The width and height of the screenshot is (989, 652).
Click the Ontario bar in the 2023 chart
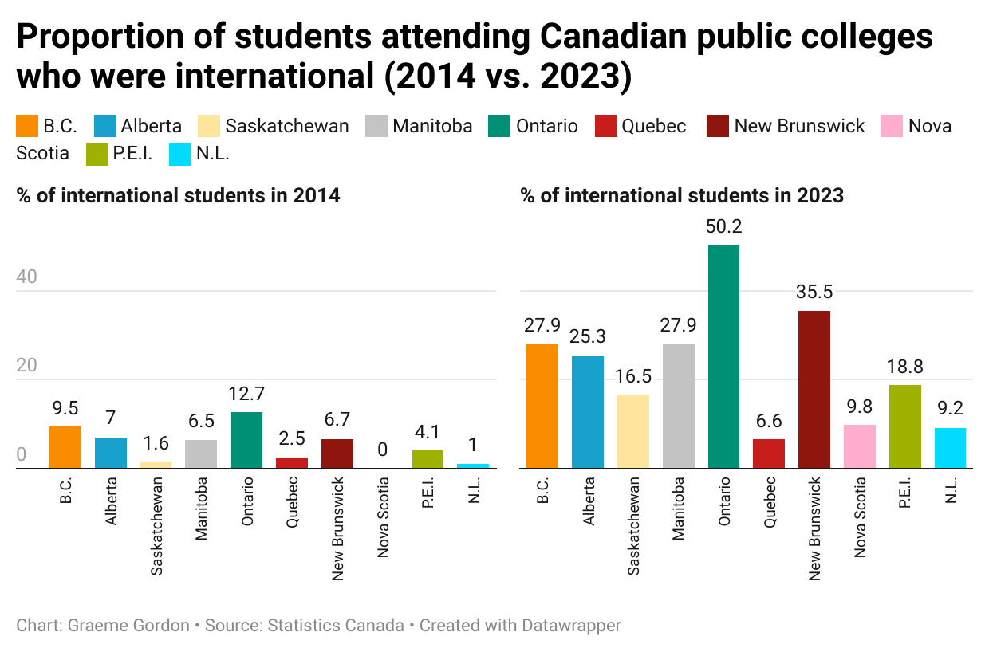[x=723, y=356]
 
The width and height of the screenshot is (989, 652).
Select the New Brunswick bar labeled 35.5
[x=814, y=389]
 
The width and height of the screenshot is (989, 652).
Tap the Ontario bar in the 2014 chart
[x=246, y=440]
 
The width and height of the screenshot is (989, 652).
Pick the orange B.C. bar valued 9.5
[x=65, y=447]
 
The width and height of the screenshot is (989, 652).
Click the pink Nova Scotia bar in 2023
[x=860, y=446]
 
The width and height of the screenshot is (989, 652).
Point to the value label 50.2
[x=723, y=227]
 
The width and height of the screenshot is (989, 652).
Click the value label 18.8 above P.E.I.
[x=905, y=367]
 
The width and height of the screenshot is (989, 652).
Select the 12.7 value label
[x=246, y=394]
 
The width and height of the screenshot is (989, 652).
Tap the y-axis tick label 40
[x=28, y=277]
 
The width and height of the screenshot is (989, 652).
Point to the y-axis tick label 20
[x=28, y=366]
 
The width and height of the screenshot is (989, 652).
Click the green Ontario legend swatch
[x=499, y=126]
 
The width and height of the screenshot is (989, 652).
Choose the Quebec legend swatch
[x=606, y=126]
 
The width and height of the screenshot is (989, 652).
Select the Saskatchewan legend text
[x=287, y=126]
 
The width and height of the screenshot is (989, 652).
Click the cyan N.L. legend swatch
[x=180, y=154]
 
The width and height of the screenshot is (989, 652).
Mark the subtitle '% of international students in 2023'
[x=682, y=195]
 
